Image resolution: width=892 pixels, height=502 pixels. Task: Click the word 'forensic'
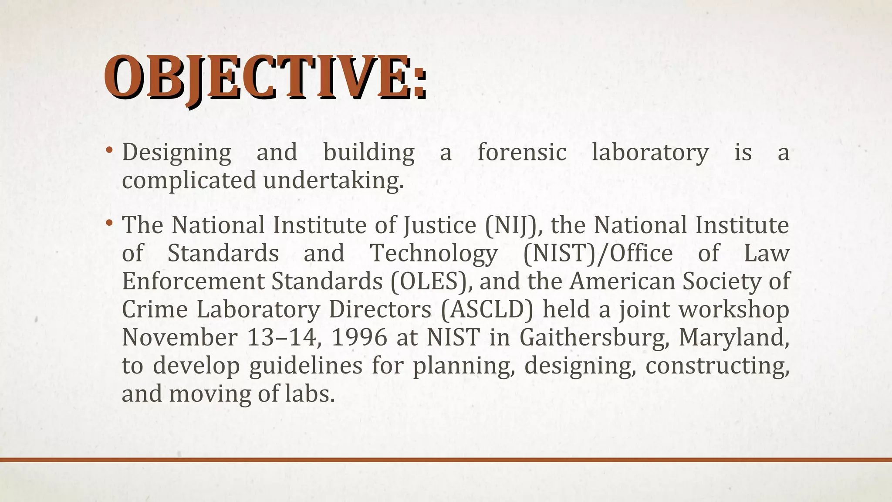point(522,153)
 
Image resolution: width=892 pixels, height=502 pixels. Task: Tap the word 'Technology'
point(434,254)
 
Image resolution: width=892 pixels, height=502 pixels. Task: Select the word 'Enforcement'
point(193,281)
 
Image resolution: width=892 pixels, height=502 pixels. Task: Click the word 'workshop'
point(734,309)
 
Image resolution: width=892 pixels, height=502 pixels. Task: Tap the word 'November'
point(179,337)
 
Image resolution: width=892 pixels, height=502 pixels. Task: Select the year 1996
point(359,337)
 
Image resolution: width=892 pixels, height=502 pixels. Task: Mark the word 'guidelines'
point(306,366)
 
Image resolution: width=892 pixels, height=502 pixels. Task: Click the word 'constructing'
point(717,366)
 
